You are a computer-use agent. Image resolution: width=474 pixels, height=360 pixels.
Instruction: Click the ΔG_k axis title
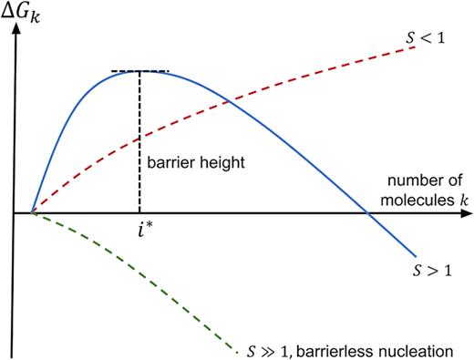click(27, 14)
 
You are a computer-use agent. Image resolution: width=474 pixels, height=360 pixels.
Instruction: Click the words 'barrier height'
click(185, 164)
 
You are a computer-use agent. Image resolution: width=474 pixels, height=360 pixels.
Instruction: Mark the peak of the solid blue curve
click(139, 71)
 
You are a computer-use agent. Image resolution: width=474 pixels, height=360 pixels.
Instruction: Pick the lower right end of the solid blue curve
click(416, 256)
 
